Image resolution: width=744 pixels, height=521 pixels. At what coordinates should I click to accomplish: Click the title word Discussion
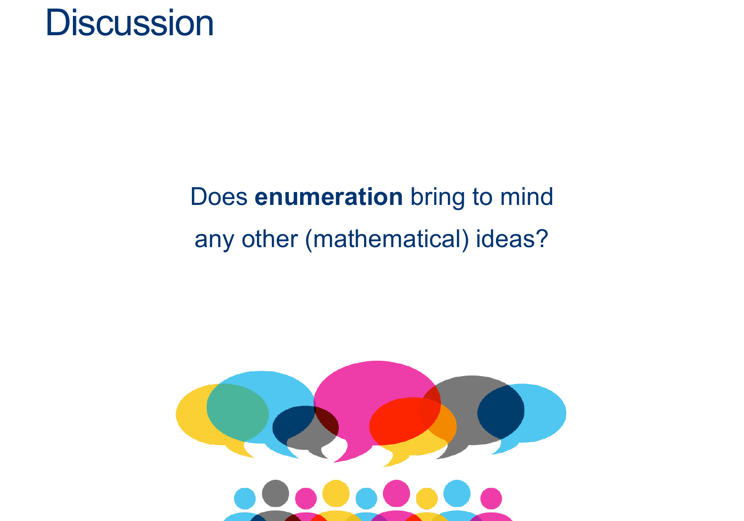[x=129, y=23]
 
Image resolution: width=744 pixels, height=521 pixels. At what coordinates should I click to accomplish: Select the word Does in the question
[x=219, y=196]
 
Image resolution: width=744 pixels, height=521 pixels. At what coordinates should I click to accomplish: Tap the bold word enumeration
[x=328, y=196]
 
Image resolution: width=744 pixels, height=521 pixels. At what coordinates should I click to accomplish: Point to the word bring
[x=437, y=198]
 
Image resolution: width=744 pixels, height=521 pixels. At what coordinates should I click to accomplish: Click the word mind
[x=526, y=196]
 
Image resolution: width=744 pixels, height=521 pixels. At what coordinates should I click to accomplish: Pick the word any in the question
[x=214, y=240]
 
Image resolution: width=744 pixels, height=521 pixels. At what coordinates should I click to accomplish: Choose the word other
[x=269, y=239]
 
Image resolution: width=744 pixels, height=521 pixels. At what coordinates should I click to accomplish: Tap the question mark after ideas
[x=542, y=239]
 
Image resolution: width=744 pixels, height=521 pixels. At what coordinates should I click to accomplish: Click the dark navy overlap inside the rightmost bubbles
[x=501, y=412]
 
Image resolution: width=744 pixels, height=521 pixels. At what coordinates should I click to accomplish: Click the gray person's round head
[x=275, y=493]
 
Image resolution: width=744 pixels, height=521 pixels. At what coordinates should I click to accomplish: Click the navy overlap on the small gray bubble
[x=291, y=424]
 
